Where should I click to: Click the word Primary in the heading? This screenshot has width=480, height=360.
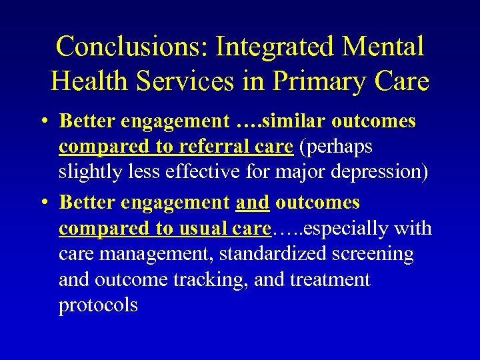tap(316, 81)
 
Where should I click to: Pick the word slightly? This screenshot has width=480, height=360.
tap(90, 171)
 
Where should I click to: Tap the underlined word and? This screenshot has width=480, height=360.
tap(253, 202)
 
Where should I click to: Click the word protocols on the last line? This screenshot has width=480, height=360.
tap(98, 306)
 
